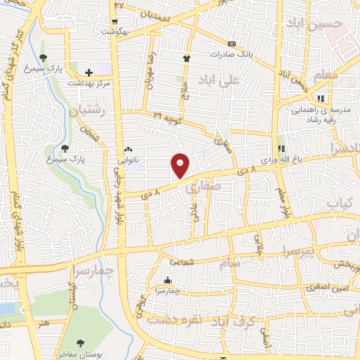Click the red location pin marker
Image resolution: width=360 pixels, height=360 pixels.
(181, 165)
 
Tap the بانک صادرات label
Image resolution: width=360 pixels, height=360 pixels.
(233, 53)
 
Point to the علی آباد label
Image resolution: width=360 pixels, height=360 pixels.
(219, 79)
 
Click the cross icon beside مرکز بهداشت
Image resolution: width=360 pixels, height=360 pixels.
(89, 72)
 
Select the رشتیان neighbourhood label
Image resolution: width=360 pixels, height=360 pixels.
(85, 110)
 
